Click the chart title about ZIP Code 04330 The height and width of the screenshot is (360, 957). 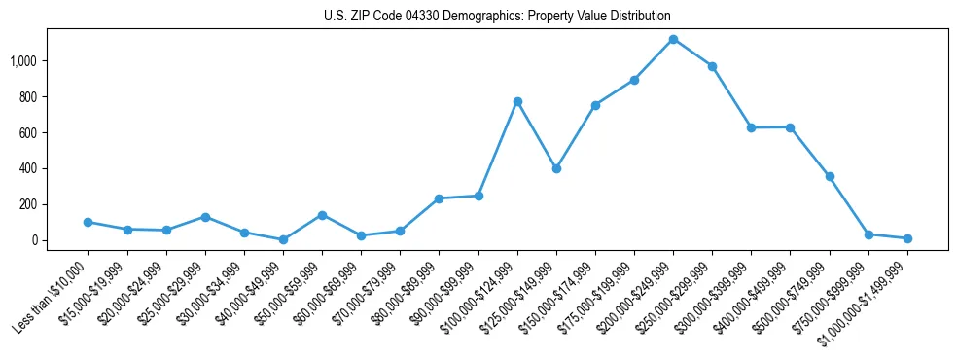(x=497, y=16)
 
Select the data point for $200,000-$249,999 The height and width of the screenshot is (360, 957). (x=673, y=39)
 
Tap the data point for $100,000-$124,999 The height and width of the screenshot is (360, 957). (x=517, y=101)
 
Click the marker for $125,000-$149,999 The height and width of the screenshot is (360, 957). (x=556, y=168)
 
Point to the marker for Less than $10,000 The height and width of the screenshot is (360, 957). (x=88, y=222)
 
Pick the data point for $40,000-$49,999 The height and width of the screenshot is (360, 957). (x=283, y=239)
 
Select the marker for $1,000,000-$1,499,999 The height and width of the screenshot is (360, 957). (x=907, y=238)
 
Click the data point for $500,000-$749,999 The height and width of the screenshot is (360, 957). (x=830, y=176)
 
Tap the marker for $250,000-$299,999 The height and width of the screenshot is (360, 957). (x=712, y=66)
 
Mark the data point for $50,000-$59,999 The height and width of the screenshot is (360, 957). (x=322, y=215)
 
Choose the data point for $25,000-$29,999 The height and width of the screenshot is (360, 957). (x=205, y=217)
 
